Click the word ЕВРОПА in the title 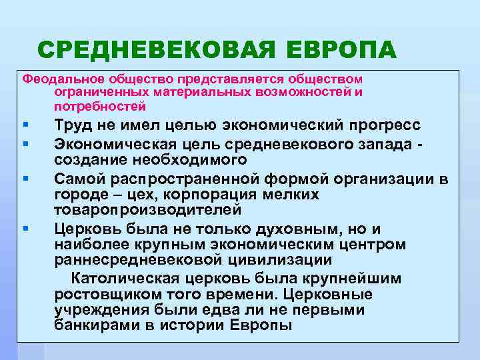pos(342,49)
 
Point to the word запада pos(395,144)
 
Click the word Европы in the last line pos(261,326)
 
